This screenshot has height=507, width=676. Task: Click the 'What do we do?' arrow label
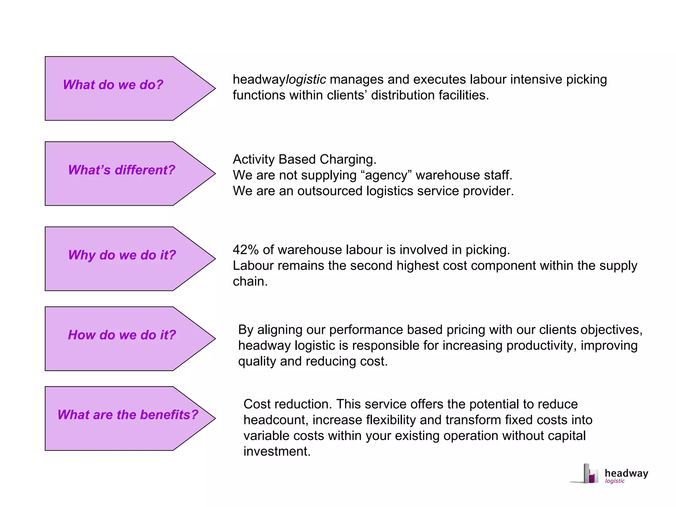(113, 85)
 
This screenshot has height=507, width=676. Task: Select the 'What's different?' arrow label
(121, 170)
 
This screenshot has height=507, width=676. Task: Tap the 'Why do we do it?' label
(122, 255)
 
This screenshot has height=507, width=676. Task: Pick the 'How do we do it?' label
(122, 335)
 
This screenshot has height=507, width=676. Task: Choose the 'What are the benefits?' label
(128, 415)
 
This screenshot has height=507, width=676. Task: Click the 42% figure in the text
(246, 250)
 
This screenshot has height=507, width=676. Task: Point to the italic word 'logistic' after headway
(306, 80)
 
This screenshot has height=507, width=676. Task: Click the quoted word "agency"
(386, 175)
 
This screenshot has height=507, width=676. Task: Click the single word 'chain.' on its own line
(250, 282)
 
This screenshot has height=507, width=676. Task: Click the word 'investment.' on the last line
(277, 451)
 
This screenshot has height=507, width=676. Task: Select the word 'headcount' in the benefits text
(276, 420)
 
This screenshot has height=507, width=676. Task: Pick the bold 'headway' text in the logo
(626, 473)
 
